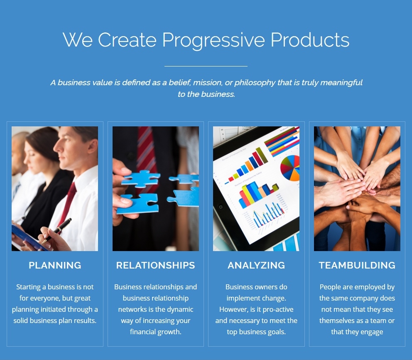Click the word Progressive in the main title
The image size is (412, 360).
pos(213,40)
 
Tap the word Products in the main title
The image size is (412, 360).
pos(310,40)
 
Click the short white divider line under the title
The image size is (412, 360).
pos(206,66)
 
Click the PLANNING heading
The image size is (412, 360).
pos(55,265)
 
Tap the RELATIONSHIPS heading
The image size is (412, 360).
pos(156,265)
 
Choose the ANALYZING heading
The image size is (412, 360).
pos(256,265)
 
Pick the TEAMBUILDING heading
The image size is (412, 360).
pos(357,265)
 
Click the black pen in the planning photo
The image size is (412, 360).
pos(57,230)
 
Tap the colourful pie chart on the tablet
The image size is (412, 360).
pos(290,168)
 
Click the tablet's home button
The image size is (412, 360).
pos(221,207)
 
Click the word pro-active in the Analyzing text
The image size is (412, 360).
pos(278,310)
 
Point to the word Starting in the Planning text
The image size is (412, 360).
pos(28,287)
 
